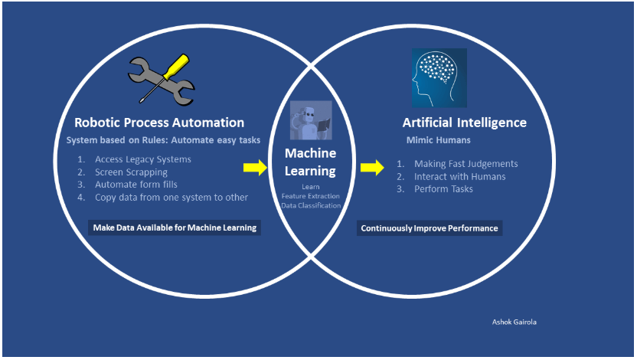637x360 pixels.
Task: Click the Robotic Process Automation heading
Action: click(x=159, y=123)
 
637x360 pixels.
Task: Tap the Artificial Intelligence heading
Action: click(x=465, y=123)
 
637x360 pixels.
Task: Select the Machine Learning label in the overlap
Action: click(x=310, y=162)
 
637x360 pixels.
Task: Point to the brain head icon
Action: click(x=439, y=78)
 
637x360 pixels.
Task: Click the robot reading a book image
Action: click(x=310, y=120)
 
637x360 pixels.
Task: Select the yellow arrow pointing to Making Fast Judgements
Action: click(x=372, y=168)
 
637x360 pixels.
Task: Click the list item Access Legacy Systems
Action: click(x=142, y=159)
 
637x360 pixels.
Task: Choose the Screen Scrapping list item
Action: click(x=131, y=172)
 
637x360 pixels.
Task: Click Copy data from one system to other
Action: click(x=171, y=197)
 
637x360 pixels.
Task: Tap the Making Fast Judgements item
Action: click(x=465, y=164)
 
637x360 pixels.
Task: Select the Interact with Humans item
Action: click(x=459, y=176)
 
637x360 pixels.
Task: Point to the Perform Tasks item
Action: click(x=443, y=188)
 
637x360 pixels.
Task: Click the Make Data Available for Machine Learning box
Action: click(x=175, y=227)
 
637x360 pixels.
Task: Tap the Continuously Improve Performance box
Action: click(x=430, y=228)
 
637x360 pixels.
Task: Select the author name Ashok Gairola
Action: click(x=514, y=322)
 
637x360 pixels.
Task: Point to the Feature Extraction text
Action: click(x=310, y=197)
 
